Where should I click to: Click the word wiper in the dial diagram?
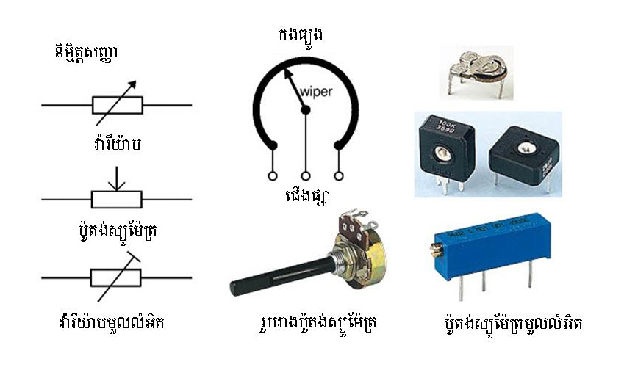[316, 92]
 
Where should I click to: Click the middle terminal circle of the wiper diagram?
[306, 176]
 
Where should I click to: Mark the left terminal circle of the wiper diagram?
[272, 176]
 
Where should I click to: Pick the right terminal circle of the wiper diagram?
[340, 176]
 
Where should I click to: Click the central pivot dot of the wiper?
[306, 110]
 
